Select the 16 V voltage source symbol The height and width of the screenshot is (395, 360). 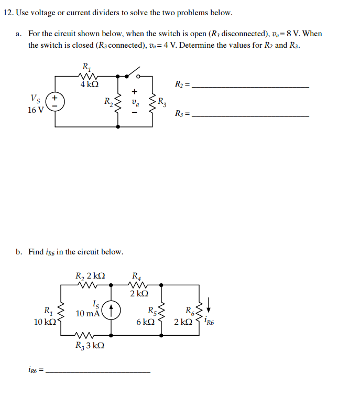coord(55,102)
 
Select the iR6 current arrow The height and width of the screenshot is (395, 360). coord(209,303)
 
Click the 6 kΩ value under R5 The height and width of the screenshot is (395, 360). coord(145,322)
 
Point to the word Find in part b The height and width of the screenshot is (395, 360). coord(37,252)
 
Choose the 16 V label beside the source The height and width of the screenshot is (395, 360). coord(36,110)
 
